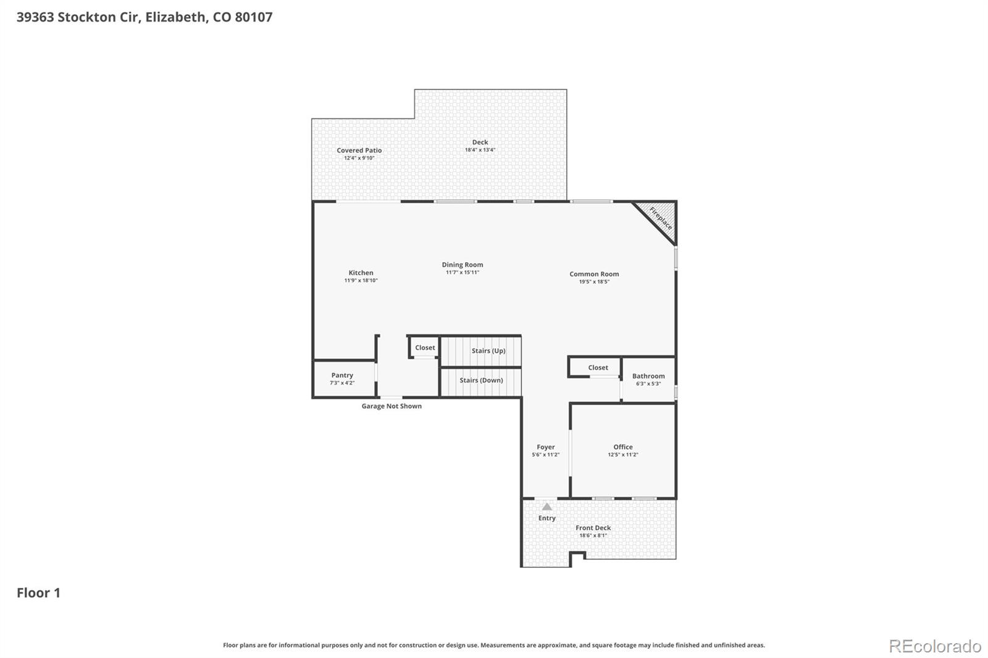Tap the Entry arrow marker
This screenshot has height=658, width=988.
pyautogui.click(x=547, y=507)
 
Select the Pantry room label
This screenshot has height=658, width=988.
pyautogui.click(x=342, y=375)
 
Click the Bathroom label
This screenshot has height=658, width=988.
pyautogui.click(x=648, y=376)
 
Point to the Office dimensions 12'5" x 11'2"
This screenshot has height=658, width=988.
pyautogui.click(x=622, y=455)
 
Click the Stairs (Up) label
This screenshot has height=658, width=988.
pyautogui.click(x=488, y=351)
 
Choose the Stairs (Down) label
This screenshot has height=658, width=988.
pyautogui.click(x=481, y=380)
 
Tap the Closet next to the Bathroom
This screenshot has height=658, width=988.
pyautogui.click(x=598, y=368)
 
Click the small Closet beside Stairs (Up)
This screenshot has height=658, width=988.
pyautogui.click(x=425, y=348)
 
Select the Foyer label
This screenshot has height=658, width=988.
pyautogui.click(x=545, y=447)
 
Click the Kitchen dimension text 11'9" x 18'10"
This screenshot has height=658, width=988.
pyautogui.click(x=361, y=281)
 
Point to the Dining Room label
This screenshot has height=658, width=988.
pyautogui.click(x=463, y=265)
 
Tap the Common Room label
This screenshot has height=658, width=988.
pyautogui.click(x=594, y=274)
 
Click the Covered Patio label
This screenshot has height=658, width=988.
pyautogui.click(x=359, y=151)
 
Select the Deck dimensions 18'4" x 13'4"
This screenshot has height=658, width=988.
pyautogui.click(x=480, y=150)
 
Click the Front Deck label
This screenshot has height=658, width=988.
pyautogui.click(x=593, y=528)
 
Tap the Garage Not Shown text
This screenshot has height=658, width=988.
pyautogui.click(x=391, y=406)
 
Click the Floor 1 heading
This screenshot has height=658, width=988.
pyautogui.click(x=38, y=593)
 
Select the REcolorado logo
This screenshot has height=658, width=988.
pyautogui.click(x=935, y=646)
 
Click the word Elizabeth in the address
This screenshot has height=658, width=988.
pyautogui.click(x=175, y=17)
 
